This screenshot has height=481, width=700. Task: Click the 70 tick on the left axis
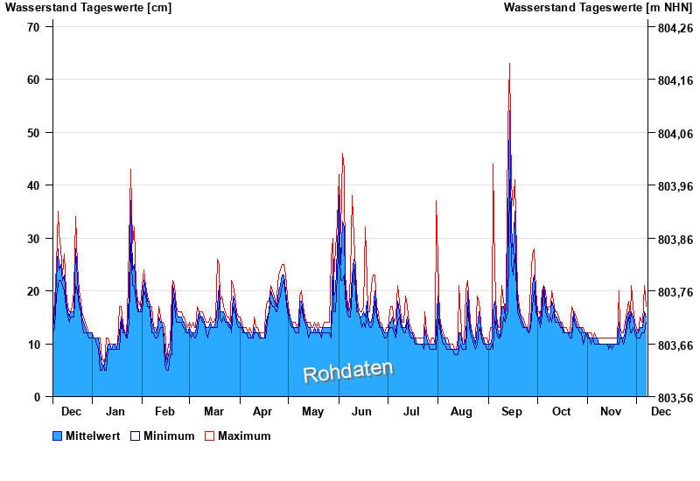tap(33, 27)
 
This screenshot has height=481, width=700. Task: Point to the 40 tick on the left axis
tap(33, 185)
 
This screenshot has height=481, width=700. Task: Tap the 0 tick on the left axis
tap(37, 397)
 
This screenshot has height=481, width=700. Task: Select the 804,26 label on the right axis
tap(674, 28)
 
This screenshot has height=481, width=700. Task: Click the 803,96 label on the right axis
tap(674, 186)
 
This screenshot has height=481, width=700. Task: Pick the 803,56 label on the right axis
tap(674, 398)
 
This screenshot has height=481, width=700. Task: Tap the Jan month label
tap(115, 411)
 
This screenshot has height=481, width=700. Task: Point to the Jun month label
tap(361, 411)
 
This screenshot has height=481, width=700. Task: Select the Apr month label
tap(262, 411)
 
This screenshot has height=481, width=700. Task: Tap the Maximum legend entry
tap(244, 436)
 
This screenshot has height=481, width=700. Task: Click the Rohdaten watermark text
tap(348, 372)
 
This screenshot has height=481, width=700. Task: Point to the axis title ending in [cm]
tap(88, 8)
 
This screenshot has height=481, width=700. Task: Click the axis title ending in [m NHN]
tap(598, 8)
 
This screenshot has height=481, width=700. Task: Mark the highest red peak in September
tap(509, 64)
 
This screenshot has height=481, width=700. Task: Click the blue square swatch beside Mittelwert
tap(58, 436)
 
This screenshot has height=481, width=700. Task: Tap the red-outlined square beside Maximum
tap(209, 436)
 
